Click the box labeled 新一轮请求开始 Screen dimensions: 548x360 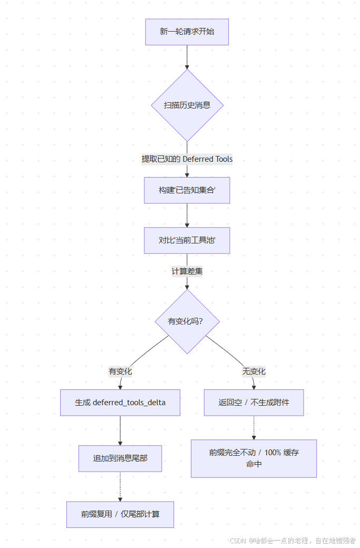(187, 32)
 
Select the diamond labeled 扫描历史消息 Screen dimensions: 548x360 (187, 105)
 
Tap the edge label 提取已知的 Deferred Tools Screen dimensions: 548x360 (187, 159)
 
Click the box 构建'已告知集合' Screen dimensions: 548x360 (187, 190)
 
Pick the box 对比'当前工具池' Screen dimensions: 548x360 (187, 241)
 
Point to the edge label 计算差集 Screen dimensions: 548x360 (187, 272)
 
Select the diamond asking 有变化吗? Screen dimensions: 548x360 (187, 321)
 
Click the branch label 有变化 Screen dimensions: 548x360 (120, 371)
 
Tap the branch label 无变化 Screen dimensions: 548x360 (254, 371)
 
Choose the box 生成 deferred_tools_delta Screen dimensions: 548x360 (120, 403)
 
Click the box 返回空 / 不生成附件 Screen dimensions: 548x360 (254, 403)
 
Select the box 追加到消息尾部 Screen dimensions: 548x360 (120, 458)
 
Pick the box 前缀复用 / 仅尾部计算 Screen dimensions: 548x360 (120, 514)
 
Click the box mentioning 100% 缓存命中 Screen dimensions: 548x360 (254, 458)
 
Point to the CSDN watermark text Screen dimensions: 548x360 (293, 541)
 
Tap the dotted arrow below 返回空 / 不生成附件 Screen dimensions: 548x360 (254, 427)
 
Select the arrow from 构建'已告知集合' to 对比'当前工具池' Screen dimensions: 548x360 (187, 215)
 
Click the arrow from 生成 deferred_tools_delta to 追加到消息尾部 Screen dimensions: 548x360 (120, 430)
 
